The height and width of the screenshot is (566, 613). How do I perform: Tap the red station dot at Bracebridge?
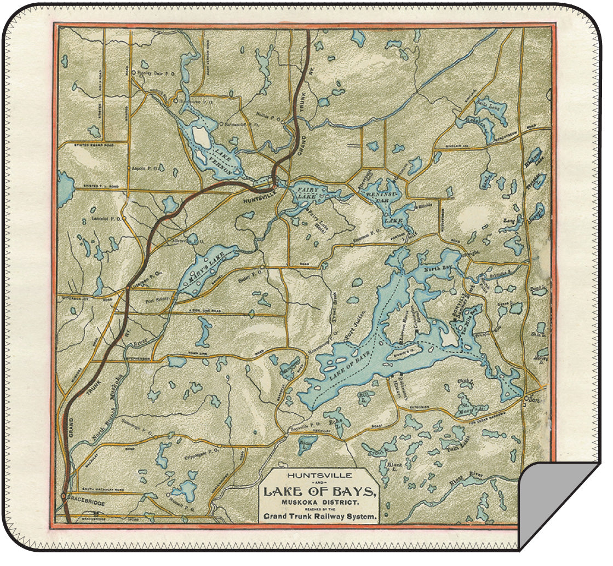(64, 496)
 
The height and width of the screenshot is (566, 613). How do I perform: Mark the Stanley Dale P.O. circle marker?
(133, 72)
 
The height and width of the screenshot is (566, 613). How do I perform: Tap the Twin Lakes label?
(451, 447)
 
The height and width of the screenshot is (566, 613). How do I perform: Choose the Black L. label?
(394, 465)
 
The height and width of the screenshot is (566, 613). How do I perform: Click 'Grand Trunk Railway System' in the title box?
(320, 516)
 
